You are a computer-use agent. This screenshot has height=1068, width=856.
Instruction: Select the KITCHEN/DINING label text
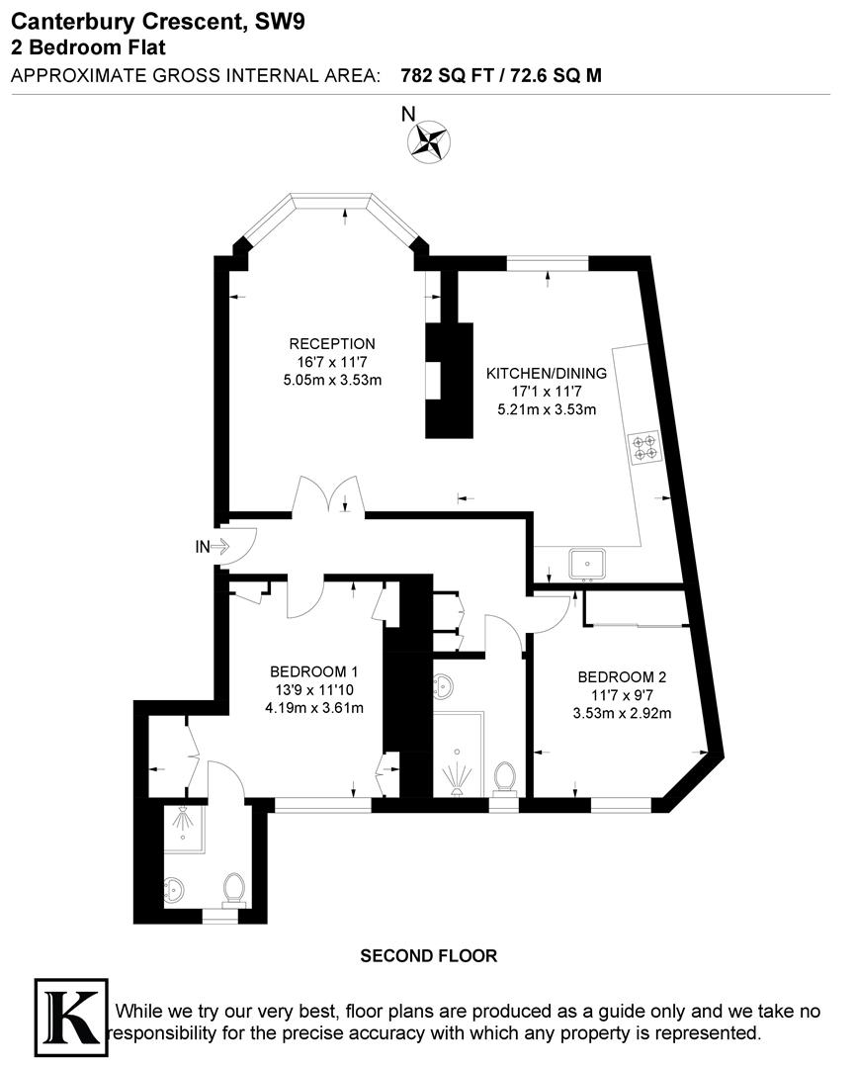540,373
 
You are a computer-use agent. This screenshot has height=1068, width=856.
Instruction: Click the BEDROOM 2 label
622,677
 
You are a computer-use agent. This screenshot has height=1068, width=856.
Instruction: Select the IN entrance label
202,546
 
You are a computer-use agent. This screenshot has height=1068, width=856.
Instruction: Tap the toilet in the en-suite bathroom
235,888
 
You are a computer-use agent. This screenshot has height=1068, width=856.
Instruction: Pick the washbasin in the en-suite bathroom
175,888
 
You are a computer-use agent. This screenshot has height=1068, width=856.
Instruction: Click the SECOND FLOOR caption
428,955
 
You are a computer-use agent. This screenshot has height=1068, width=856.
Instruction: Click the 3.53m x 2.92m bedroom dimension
622,713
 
